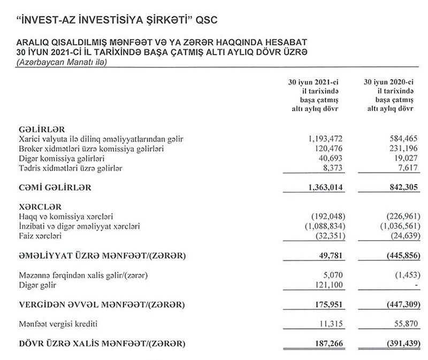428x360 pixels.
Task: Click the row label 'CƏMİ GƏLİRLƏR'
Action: [56, 188]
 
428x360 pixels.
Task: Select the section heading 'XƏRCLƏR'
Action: [38, 206]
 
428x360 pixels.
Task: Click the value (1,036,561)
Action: [395, 227]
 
